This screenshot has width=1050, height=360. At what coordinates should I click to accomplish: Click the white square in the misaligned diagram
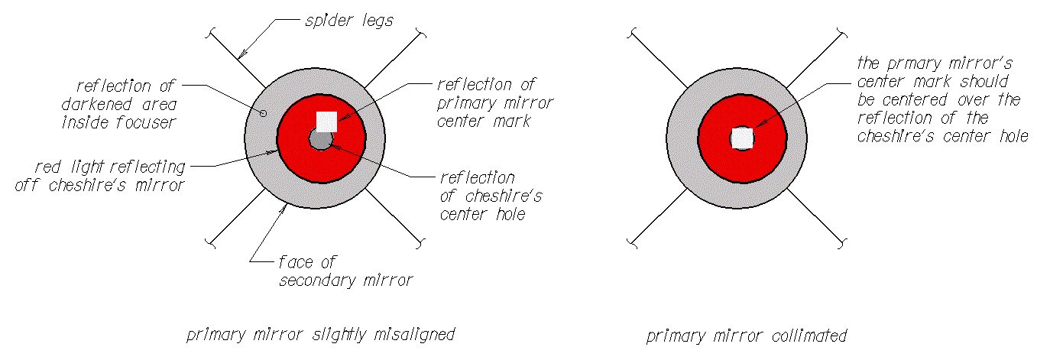(326, 122)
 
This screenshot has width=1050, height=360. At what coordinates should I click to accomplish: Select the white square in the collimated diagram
(742, 138)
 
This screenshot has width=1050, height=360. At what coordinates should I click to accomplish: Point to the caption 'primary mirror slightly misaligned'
(321, 335)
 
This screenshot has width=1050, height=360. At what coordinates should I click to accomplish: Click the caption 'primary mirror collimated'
(747, 336)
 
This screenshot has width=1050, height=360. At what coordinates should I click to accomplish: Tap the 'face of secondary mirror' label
(345, 271)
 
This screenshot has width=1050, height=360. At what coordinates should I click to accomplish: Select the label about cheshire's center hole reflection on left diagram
(491, 196)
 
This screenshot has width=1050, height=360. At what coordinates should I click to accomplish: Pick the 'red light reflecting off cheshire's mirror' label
(100, 176)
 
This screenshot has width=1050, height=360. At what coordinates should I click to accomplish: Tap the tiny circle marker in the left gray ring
(263, 113)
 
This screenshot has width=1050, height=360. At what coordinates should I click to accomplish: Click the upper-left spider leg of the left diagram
(237, 59)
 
